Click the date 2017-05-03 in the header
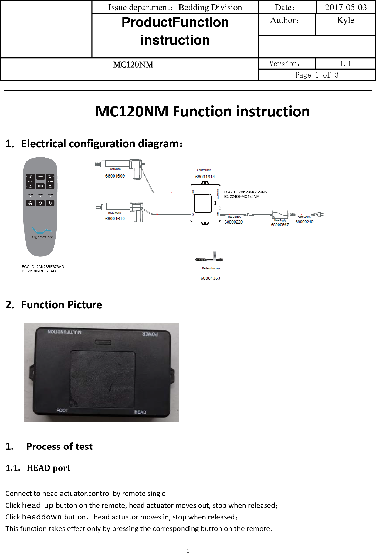coord(346,7)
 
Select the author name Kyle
coord(345,20)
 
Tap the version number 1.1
coord(345,64)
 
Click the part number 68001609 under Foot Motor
coord(115,176)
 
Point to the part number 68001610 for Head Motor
coord(115,219)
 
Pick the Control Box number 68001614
coord(205,177)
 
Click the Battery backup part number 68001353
coord(210,278)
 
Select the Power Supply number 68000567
coord(280,225)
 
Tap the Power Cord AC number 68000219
coord(304,222)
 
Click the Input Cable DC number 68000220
coord(233,222)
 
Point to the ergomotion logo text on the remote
coord(42,237)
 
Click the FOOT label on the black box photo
coord(62,410)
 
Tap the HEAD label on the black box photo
coord(140,412)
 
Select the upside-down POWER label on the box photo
coord(150,334)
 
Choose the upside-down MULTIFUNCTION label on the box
coord(65,332)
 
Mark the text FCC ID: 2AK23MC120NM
coord(246,192)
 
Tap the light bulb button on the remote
coord(50,203)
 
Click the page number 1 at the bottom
coord(188,551)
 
